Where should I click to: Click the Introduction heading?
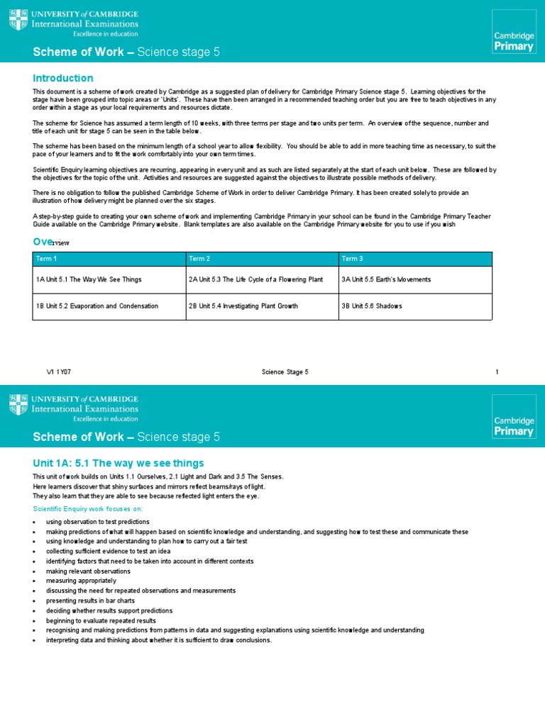[x=63, y=78]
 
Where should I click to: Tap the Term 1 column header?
[x=46, y=259]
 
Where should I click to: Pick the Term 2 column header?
[x=199, y=259]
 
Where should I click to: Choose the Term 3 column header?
[x=352, y=259]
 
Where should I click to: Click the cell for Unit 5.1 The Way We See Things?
[x=89, y=280]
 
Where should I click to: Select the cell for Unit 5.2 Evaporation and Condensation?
[x=97, y=306]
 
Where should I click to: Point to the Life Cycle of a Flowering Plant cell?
[x=255, y=280]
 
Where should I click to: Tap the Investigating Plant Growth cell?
[x=243, y=306]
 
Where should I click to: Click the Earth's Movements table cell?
[x=385, y=280]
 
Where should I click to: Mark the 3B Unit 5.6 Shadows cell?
[x=372, y=306]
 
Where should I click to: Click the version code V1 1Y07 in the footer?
[x=58, y=372]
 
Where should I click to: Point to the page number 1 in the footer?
[x=497, y=372]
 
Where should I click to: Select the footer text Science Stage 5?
[x=285, y=372]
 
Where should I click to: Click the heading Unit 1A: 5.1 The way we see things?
[x=119, y=463]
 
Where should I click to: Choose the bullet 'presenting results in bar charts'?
[x=90, y=601]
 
